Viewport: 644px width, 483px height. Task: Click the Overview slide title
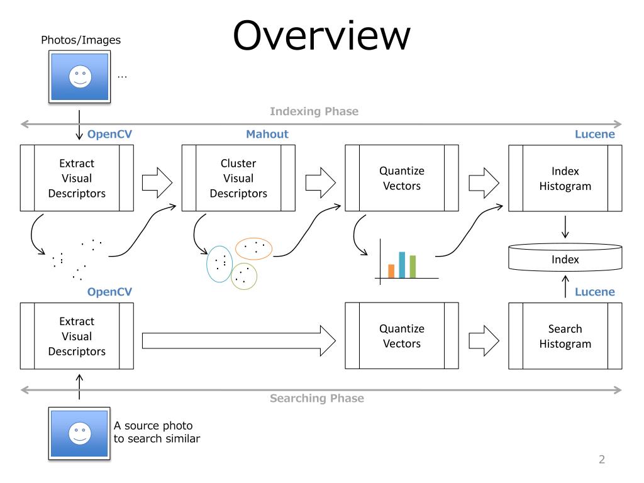tap(321, 35)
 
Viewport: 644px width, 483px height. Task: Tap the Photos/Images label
tap(81, 40)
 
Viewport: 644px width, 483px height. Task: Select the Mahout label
tap(267, 134)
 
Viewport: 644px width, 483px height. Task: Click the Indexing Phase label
tap(314, 111)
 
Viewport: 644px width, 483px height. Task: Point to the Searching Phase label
tap(317, 398)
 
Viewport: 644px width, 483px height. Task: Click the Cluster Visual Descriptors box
tap(238, 178)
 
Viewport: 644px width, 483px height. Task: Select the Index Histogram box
tap(565, 178)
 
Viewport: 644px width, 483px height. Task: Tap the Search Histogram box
tap(565, 336)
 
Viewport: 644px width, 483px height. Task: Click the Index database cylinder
tap(565, 257)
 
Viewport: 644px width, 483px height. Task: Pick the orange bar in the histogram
tap(391, 271)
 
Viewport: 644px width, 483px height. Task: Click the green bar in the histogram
tap(413, 267)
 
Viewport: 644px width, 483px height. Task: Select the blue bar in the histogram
tap(402, 265)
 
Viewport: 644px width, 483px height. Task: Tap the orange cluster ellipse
tap(253, 238)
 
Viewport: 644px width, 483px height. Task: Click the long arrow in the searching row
tap(238, 340)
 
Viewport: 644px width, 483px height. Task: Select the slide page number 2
tap(602, 459)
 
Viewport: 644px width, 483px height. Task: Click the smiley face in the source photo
tap(80, 433)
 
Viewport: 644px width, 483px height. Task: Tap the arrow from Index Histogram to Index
tap(565, 227)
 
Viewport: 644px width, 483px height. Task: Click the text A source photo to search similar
tap(157, 432)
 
